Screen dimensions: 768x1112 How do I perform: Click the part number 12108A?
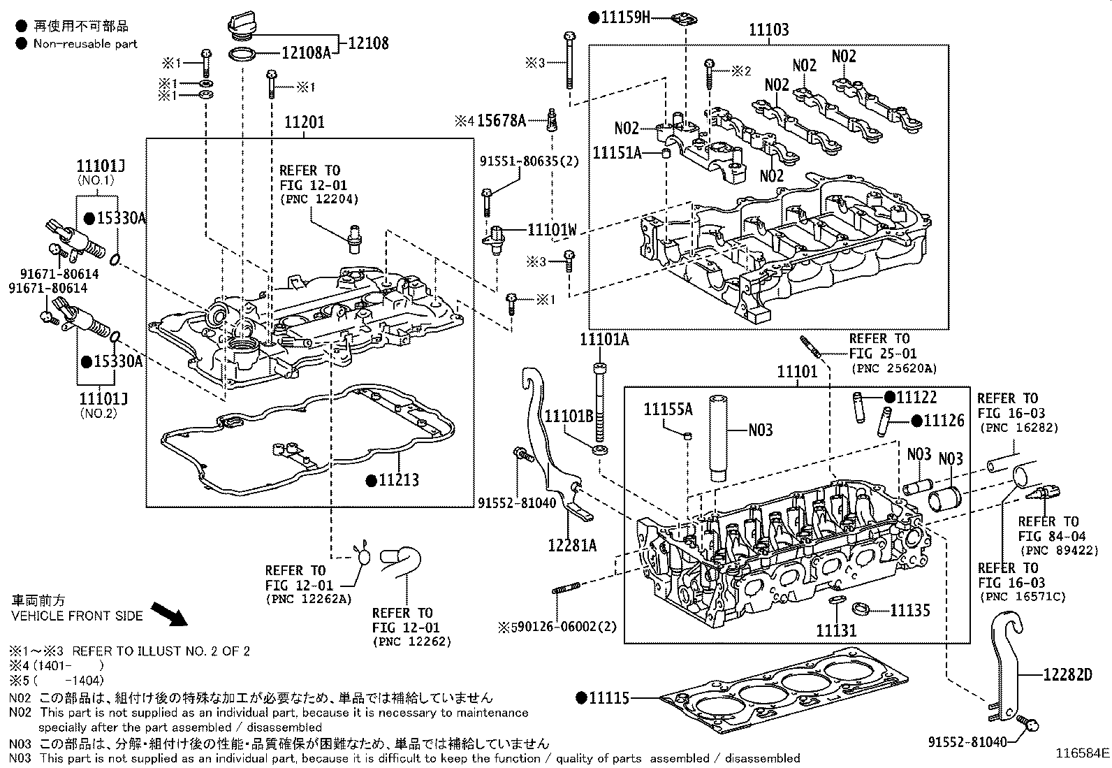tap(305, 52)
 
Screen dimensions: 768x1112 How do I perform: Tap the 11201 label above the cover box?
tap(304, 123)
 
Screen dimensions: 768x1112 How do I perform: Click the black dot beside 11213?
tap(372, 480)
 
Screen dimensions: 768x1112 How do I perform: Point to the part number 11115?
tap(609, 697)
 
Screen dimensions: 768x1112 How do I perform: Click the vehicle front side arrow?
tap(170, 615)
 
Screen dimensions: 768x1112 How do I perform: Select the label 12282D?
tap(1067, 674)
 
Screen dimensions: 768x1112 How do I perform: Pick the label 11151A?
tap(617, 152)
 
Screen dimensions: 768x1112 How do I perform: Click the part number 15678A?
tap(501, 121)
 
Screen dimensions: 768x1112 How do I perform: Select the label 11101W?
tap(552, 229)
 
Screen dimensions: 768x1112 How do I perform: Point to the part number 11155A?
tap(667, 410)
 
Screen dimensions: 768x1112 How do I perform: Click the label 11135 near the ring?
tap(909, 611)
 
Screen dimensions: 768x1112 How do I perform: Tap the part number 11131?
tap(836, 630)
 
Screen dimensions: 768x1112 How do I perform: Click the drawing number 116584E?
tap(1081, 753)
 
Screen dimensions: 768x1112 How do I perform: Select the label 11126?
tap(944, 421)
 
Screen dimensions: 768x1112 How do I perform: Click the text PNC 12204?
tap(319, 198)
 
